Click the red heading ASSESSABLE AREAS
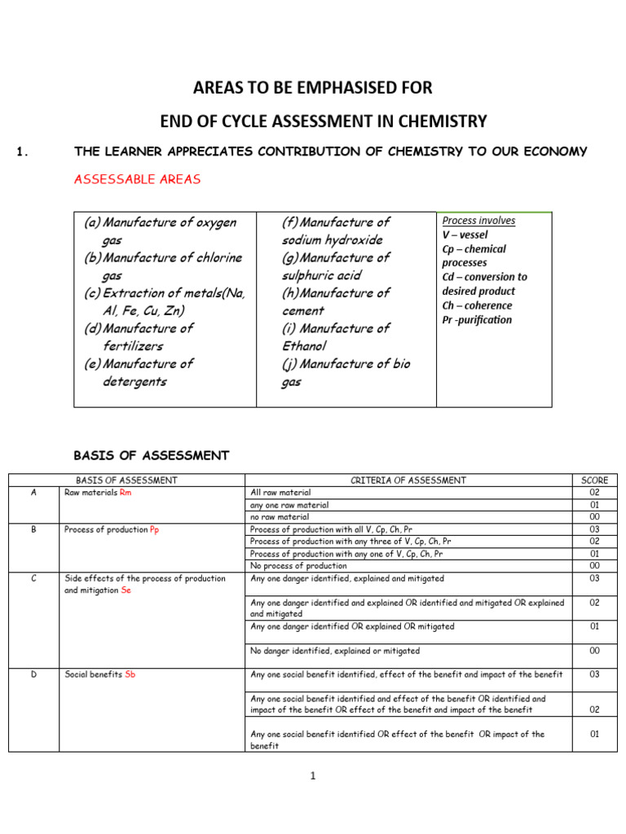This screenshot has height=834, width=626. pyautogui.click(x=137, y=179)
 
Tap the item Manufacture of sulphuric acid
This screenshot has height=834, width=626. pyautogui.click(x=336, y=266)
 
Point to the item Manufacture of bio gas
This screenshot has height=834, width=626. pyautogui.click(x=346, y=373)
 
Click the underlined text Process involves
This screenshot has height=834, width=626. pyautogui.click(x=478, y=221)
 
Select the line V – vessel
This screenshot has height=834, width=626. pyautogui.click(x=465, y=235)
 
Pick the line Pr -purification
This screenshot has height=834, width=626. pyautogui.click(x=477, y=320)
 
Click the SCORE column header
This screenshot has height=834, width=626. pyautogui.click(x=594, y=481)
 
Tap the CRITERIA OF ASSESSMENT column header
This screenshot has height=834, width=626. pyautogui.click(x=408, y=481)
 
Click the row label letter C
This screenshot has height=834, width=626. pyautogui.click(x=33, y=578)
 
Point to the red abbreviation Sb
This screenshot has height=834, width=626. pyautogui.click(x=130, y=674)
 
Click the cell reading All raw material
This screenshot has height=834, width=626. pyautogui.click(x=280, y=493)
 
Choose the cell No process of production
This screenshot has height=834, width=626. pyautogui.click(x=298, y=565)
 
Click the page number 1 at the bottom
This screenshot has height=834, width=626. pyautogui.click(x=312, y=776)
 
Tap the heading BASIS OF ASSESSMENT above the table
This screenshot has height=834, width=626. pyautogui.click(x=152, y=455)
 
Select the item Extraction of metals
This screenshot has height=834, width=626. pyautogui.click(x=164, y=301)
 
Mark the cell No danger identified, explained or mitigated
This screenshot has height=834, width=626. pyautogui.click(x=335, y=651)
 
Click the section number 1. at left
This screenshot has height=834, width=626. pyautogui.click(x=23, y=151)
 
